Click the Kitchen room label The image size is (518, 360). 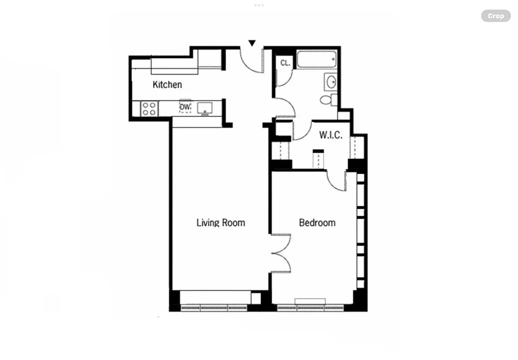[x=167, y=85]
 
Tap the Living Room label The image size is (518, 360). [x=221, y=222]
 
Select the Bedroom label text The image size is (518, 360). [x=317, y=222]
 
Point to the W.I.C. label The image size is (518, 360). [x=331, y=135]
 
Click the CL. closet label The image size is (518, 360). [x=285, y=63]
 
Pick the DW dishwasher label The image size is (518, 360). [x=185, y=107]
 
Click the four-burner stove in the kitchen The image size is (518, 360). [x=149, y=108]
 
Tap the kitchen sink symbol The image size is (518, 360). [x=205, y=107]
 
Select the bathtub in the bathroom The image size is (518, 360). [x=315, y=60]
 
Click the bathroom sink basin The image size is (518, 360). [x=331, y=82]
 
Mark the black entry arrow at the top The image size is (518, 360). [x=252, y=43]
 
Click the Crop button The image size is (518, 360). [x=495, y=16]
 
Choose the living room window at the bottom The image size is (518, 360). [x=213, y=308]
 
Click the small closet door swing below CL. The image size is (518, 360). [x=283, y=77]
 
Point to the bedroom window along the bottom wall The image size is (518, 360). [x=310, y=308]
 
